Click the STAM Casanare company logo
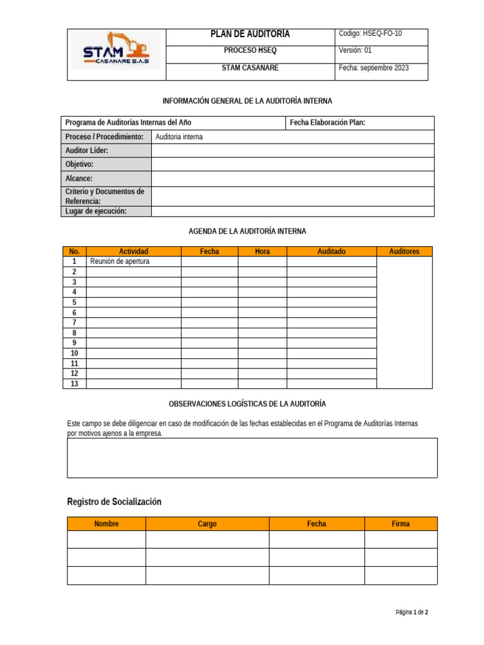pyautogui.click(x=117, y=52)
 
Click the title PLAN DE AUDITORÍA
pyautogui.click(x=250, y=34)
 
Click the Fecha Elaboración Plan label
pyautogui.click(x=328, y=122)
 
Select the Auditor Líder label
pyautogui.click(x=87, y=151)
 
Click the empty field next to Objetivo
pyautogui.click(x=292, y=164)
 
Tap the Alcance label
pyautogui.click(x=79, y=179)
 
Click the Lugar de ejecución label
pyautogui.click(x=96, y=211)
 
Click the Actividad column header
pyautogui.click(x=134, y=251)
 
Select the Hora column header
pyautogui.click(x=262, y=251)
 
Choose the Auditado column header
pyautogui.click(x=331, y=251)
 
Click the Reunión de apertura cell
pyautogui.click(x=120, y=261)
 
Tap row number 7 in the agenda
pyautogui.click(x=74, y=322)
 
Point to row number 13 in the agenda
pyautogui.click(x=74, y=384)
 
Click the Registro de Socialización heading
pyautogui.click(x=114, y=501)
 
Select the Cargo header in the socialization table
pyautogui.click(x=207, y=523)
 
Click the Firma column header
pyautogui.click(x=400, y=523)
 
